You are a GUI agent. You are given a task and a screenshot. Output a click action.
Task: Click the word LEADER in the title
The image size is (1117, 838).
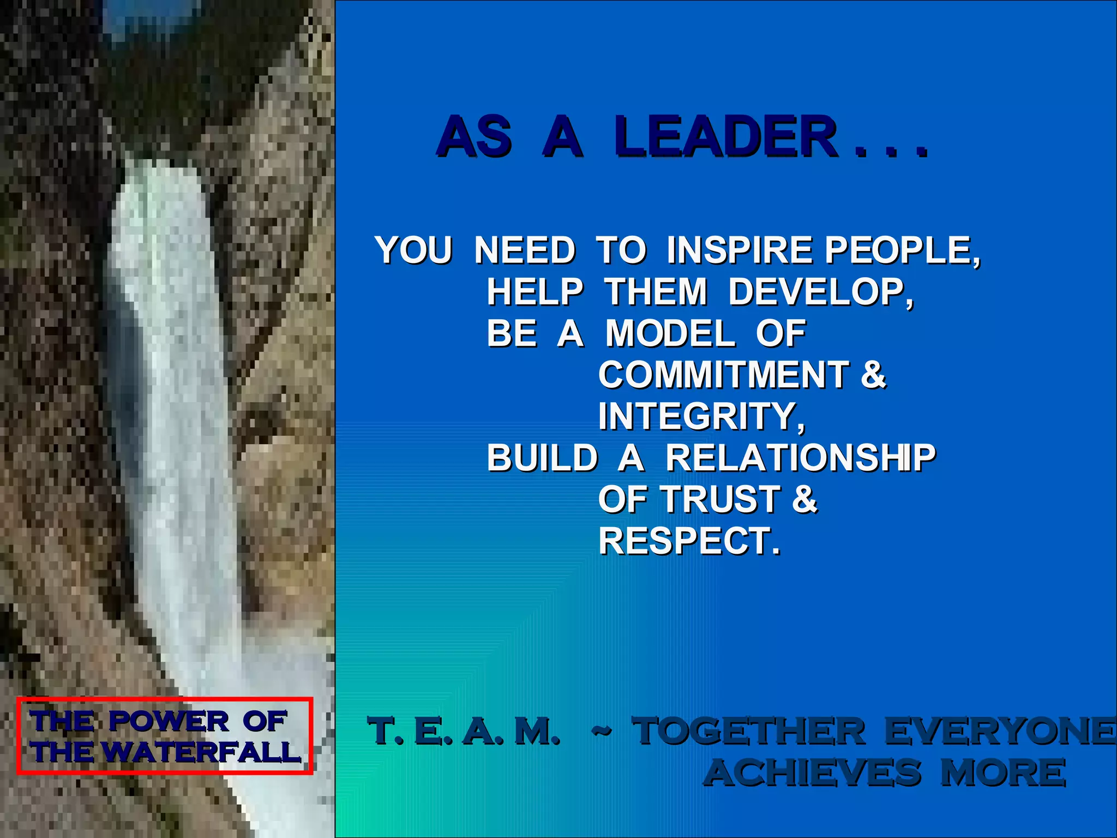click(x=725, y=136)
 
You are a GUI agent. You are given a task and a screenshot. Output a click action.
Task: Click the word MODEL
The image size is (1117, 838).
click(x=670, y=333)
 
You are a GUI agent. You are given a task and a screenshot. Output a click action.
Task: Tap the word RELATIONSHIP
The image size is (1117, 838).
click(x=800, y=458)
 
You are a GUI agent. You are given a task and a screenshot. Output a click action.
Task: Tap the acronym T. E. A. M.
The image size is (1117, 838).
click(x=464, y=731)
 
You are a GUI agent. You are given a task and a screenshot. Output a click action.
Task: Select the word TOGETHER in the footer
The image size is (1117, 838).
click(x=748, y=731)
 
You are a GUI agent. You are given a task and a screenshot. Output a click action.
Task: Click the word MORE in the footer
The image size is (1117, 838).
click(x=1002, y=773)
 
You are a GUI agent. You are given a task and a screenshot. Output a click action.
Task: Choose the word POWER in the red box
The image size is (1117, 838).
click(x=169, y=721)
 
